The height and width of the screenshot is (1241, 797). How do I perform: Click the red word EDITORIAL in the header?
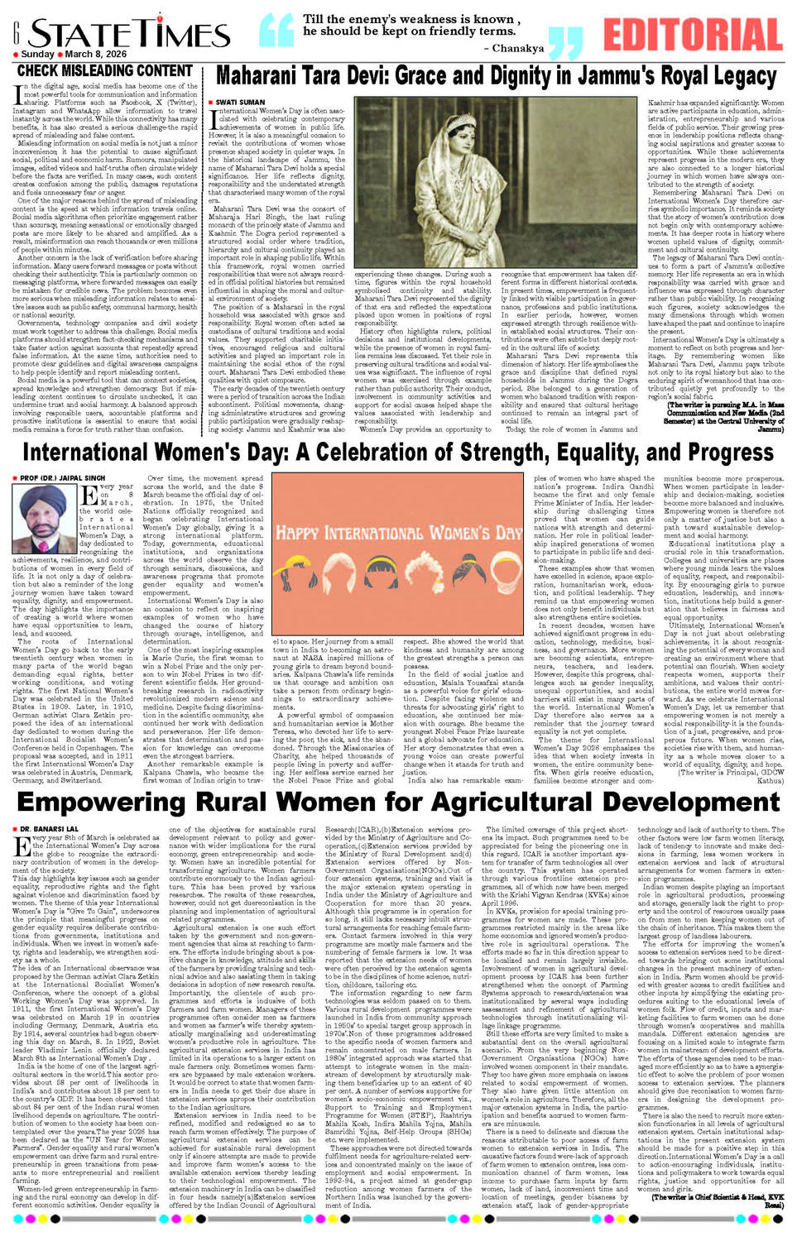693,34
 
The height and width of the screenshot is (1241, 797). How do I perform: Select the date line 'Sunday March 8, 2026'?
74,55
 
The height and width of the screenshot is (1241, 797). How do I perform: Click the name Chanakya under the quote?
512,49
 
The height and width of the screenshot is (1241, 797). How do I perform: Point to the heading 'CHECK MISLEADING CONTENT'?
105,71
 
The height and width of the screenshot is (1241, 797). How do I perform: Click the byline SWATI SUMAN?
241,102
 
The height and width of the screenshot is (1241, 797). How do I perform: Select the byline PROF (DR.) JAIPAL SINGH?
62,477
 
